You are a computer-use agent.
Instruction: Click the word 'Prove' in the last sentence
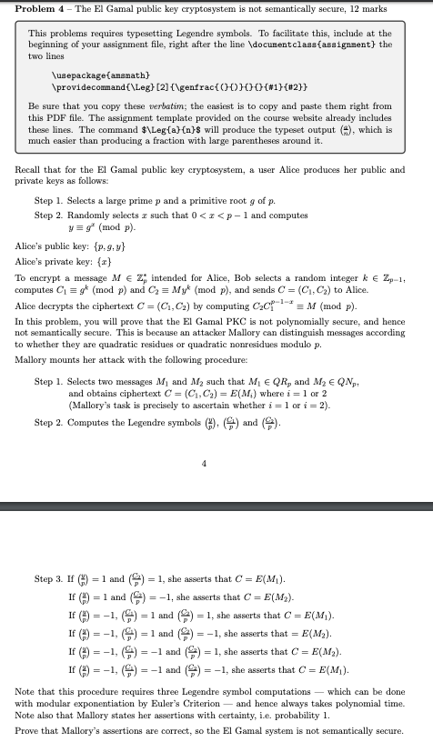click(27, 730)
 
